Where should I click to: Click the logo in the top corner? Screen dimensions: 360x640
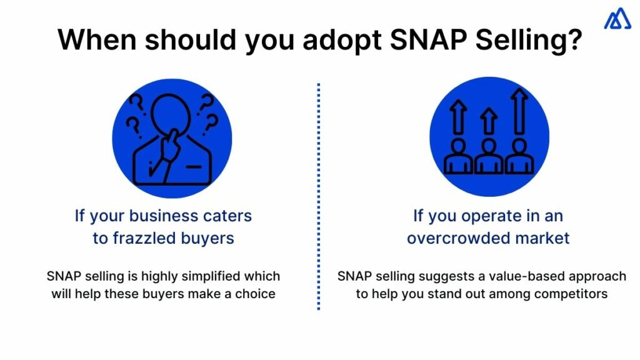(x=617, y=19)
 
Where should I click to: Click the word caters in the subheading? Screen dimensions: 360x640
(x=227, y=216)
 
